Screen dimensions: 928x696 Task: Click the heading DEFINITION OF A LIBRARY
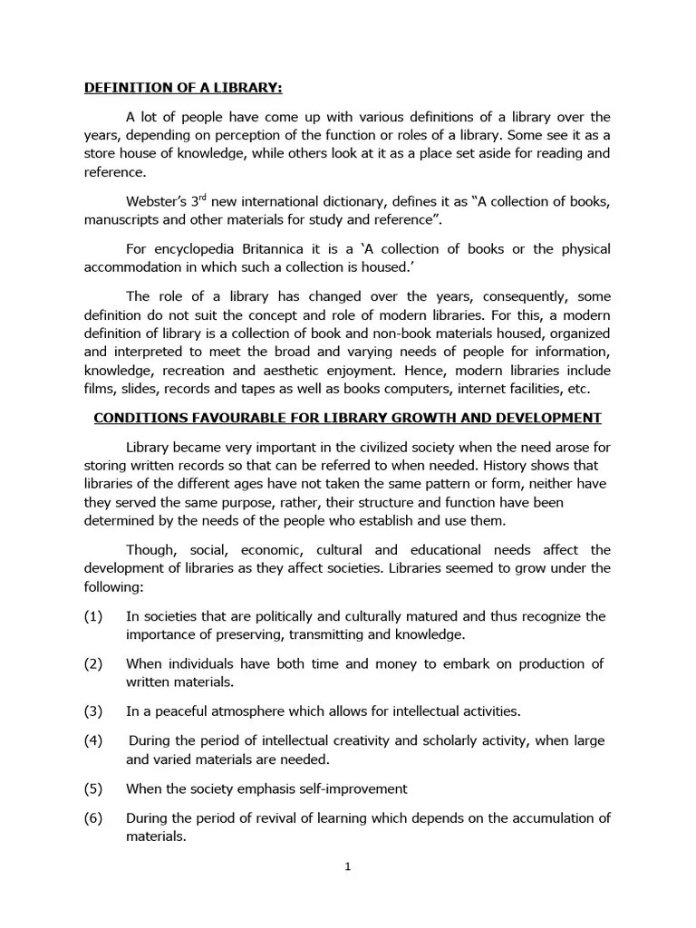coord(183,88)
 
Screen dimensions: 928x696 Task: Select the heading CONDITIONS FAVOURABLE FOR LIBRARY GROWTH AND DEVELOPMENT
coord(348,418)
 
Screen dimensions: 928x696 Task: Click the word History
coord(515,464)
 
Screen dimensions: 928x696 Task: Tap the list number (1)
coord(94,616)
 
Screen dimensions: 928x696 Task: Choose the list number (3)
coord(94,710)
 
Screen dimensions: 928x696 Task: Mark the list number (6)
coord(94,817)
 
